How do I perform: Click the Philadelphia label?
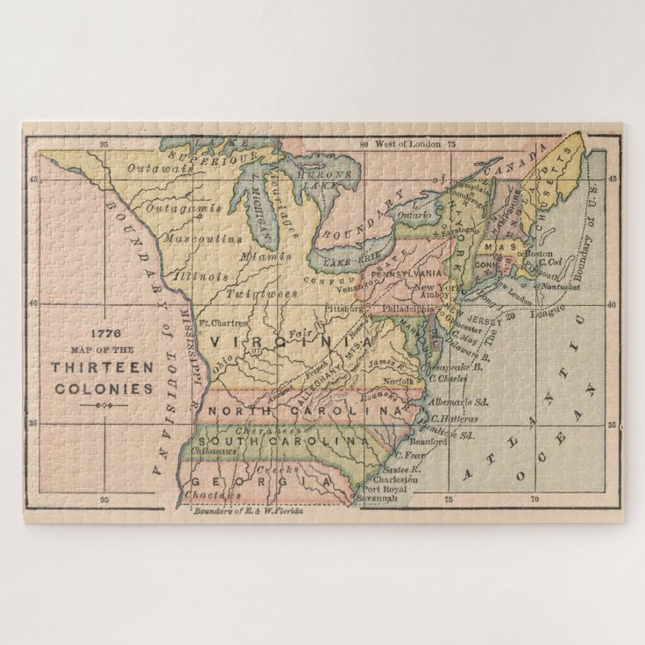click(x=406, y=308)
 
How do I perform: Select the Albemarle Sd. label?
click(x=456, y=402)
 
